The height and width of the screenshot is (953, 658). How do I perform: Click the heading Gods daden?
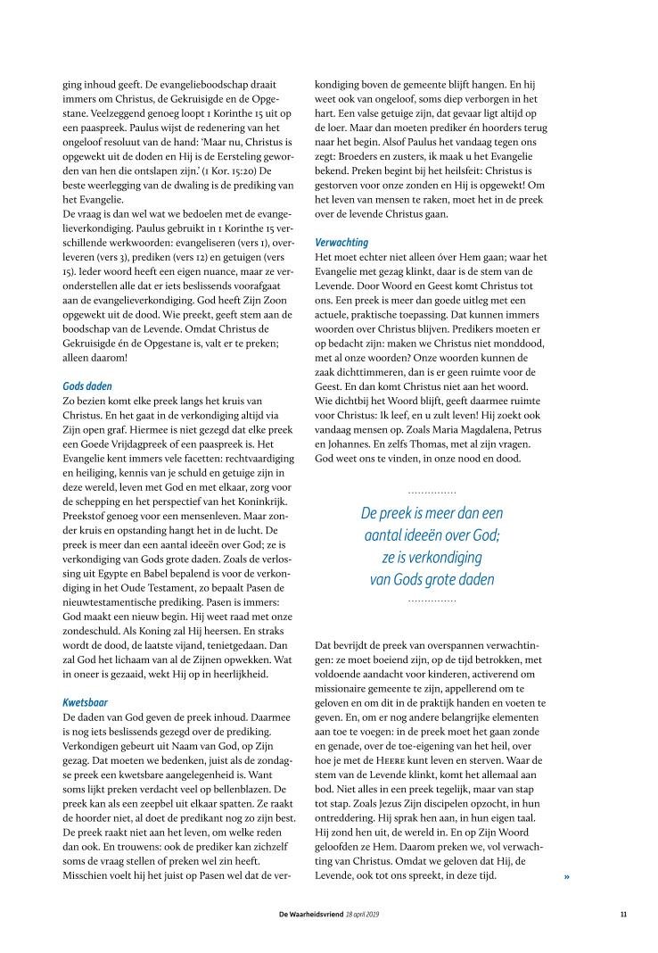coord(87,386)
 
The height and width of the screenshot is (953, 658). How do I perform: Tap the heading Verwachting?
coord(342,242)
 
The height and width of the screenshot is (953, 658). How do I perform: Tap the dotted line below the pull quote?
coord(432,601)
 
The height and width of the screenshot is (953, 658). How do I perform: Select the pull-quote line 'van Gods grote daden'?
coord(432,579)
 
